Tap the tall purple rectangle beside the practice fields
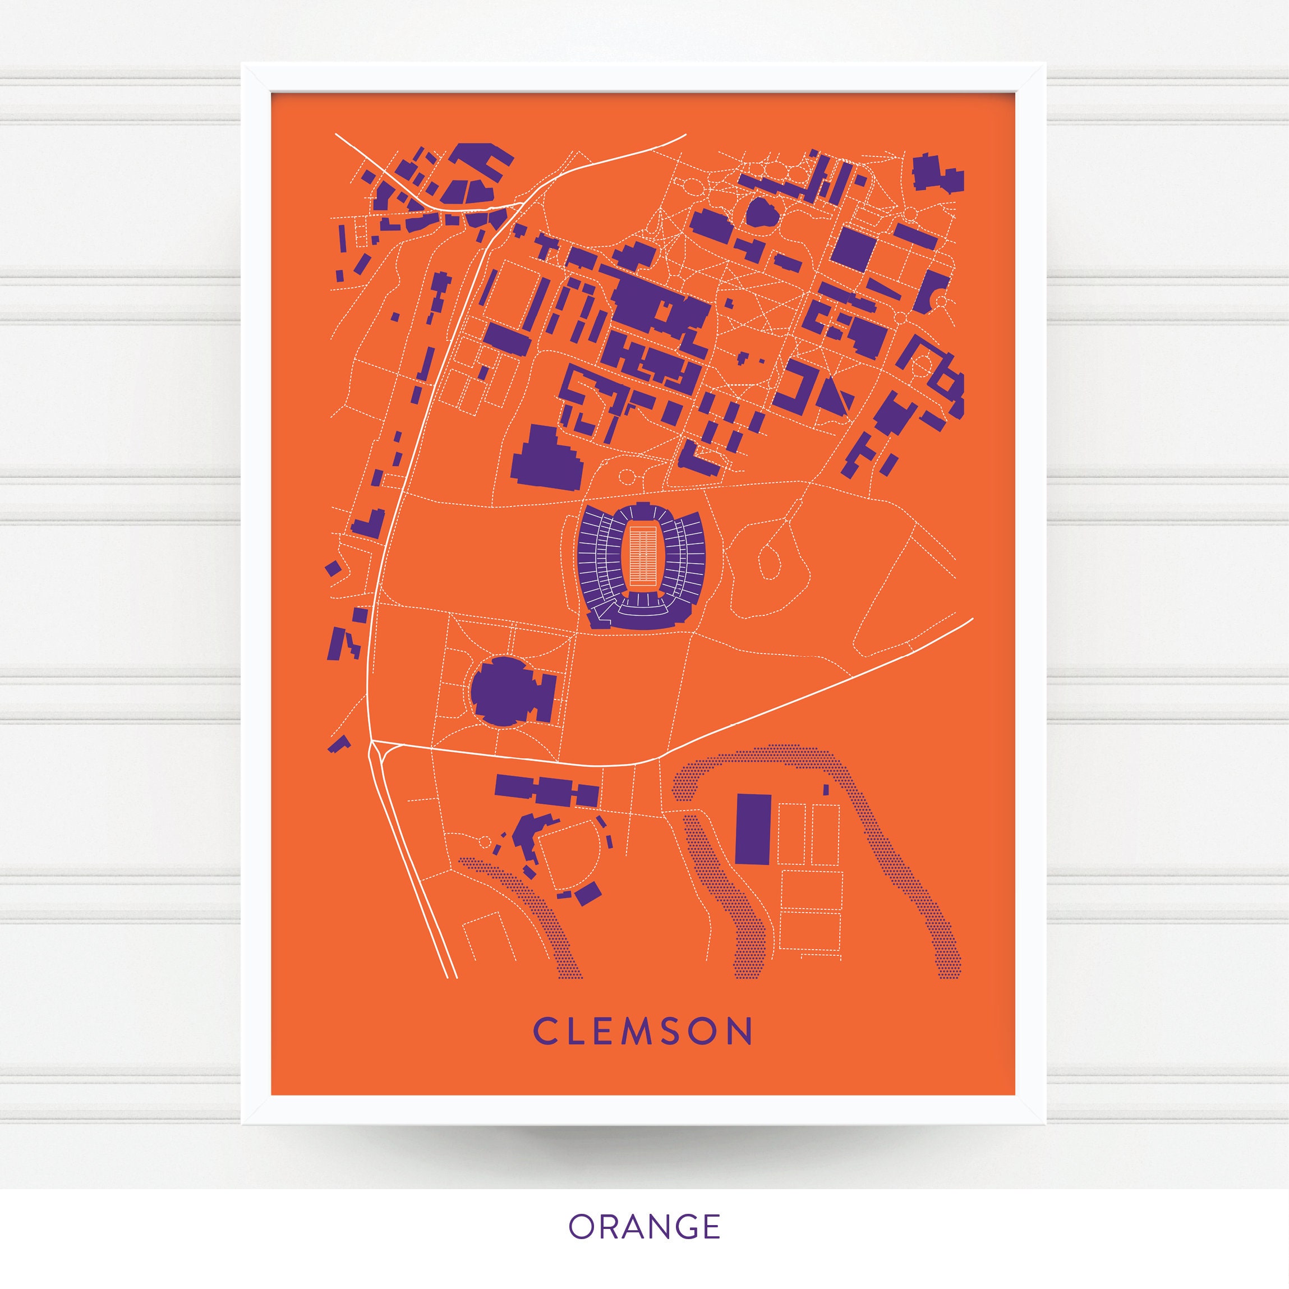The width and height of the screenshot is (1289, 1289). [x=753, y=829]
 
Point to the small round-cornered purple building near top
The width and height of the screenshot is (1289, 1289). [x=762, y=213]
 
